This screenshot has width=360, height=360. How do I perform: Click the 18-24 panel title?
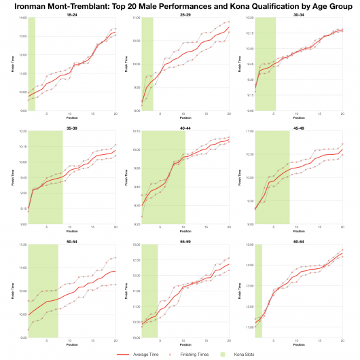click(71, 14)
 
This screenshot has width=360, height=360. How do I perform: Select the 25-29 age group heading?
click(185, 14)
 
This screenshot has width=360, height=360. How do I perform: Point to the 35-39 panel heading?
click(71, 127)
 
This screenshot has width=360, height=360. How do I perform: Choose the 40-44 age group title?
click(185, 127)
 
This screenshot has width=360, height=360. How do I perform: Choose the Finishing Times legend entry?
click(183, 354)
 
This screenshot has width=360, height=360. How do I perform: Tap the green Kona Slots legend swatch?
click(216, 354)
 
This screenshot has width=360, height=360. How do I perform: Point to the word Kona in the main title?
click(241, 5)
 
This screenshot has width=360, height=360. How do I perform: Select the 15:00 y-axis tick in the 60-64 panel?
click(248, 245)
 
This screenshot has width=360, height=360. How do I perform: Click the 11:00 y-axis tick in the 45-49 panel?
click(248, 131)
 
